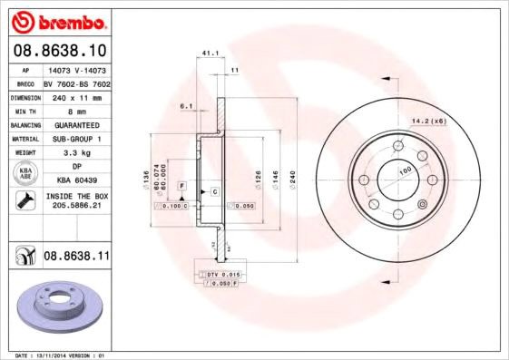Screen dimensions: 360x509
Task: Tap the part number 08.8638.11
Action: (76, 258)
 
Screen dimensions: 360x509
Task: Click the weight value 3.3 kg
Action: (75, 153)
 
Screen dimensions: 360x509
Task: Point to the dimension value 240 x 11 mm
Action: (75, 96)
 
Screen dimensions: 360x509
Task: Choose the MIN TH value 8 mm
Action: (75, 110)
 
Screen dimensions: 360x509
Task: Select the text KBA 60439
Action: (75, 181)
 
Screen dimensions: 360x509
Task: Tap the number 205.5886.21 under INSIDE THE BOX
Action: (75, 206)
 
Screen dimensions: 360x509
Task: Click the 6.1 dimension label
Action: (187, 106)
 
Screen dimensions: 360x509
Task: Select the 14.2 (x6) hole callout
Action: (428, 121)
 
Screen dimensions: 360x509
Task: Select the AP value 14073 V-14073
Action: (75, 69)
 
